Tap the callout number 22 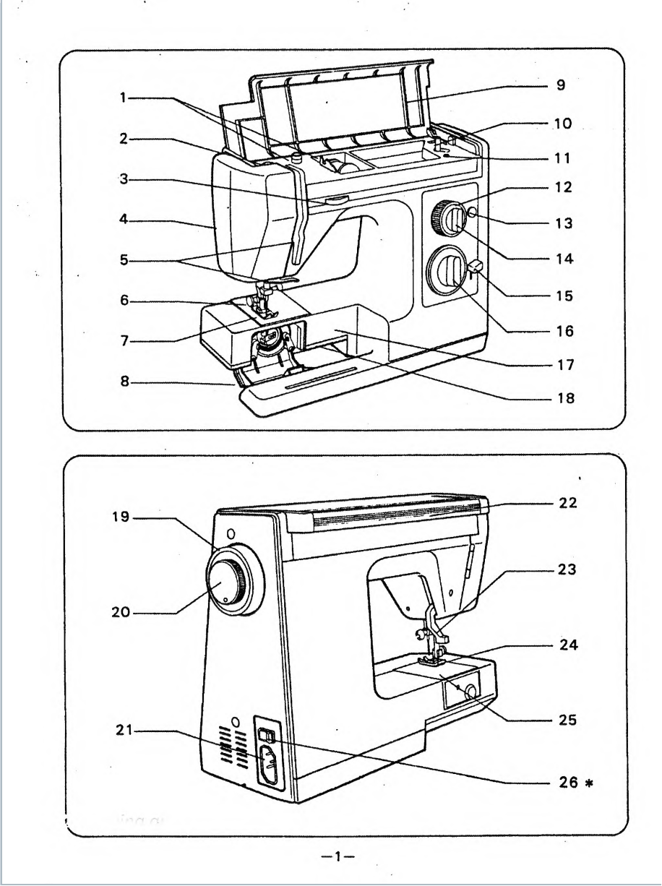[568, 504]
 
